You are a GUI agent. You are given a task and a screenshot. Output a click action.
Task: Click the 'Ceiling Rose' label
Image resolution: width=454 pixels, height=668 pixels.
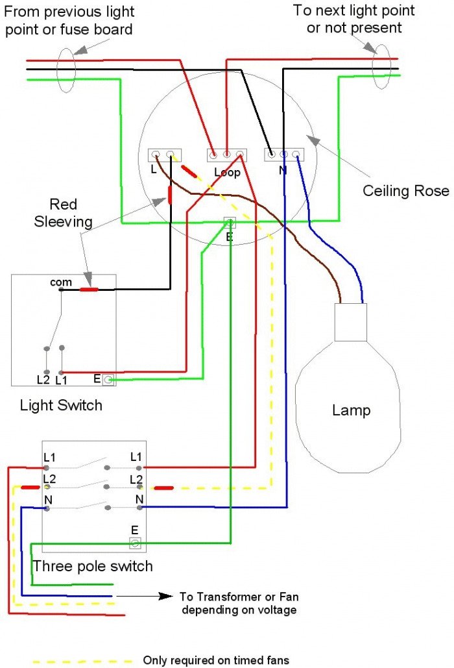click(405, 191)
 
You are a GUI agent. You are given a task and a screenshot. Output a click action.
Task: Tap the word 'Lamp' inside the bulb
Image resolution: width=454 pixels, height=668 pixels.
click(351, 410)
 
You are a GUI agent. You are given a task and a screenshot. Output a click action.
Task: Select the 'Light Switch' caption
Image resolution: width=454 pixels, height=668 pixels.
click(61, 405)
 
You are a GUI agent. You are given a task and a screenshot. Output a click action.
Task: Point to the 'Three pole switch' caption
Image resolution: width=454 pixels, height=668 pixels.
click(93, 566)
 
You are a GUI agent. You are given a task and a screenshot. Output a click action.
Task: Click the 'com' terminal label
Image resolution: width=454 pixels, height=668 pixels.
click(61, 282)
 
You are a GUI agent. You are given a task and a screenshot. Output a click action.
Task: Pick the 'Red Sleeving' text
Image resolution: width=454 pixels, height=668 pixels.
click(64, 213)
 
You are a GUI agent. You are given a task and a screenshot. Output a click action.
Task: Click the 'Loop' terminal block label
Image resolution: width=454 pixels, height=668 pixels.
click(227, 173)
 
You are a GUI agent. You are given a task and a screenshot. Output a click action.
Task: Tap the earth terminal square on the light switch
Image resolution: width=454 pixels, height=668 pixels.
click(108, 379)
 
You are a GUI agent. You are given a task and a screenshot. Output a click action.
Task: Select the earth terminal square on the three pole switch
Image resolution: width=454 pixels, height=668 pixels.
click(135, 543)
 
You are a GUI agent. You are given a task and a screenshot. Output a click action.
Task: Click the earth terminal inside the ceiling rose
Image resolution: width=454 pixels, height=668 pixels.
click(230, 222)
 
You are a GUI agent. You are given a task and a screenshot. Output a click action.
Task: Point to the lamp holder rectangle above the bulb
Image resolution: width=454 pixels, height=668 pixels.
click(351, 322)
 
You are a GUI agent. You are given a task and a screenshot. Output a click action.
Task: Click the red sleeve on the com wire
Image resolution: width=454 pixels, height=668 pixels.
click(90, 290)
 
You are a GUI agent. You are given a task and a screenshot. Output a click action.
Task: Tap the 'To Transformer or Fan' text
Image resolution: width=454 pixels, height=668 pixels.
click(239, 597)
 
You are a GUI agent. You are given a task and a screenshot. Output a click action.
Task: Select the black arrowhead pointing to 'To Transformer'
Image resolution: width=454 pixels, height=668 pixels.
click(166, 596)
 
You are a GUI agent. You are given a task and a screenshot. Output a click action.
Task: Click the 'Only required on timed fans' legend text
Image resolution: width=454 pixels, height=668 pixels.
click(216, 660)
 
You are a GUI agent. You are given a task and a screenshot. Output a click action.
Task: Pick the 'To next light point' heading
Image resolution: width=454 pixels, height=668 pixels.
click(354, 10)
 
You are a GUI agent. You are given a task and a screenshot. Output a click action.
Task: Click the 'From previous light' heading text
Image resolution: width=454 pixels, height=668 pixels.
click(69, 12)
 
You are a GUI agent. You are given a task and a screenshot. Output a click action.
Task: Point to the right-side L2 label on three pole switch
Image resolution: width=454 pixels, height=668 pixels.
click(136, 480)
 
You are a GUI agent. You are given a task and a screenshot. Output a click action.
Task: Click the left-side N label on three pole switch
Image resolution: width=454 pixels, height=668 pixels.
click(48, 500)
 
